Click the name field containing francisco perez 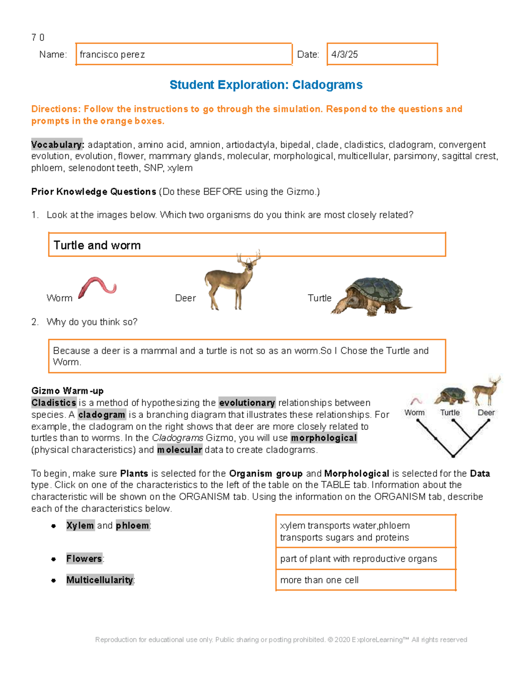click(184, 54)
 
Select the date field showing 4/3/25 click(382, 54)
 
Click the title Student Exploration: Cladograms click(266, 85)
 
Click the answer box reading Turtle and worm click(246, 245)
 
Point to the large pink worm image click(98, 287)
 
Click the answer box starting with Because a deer click(246, 356)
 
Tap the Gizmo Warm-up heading click(67, 391)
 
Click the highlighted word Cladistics click(54, 403)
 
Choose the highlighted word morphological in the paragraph click(324, 438)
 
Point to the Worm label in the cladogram click(414, 413)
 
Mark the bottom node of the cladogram click(453, 456)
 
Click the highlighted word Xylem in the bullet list click(80, 526)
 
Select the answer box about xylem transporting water click(366, 532)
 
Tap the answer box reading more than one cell click(366, 580)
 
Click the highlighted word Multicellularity click(100, 580)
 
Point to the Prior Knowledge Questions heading click(94, 192)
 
